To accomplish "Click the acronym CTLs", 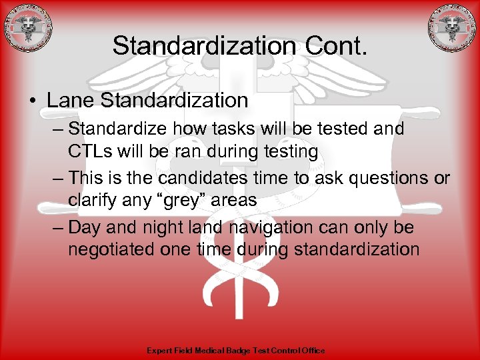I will tap(91, 151).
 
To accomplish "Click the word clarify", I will tap(91, 201).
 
